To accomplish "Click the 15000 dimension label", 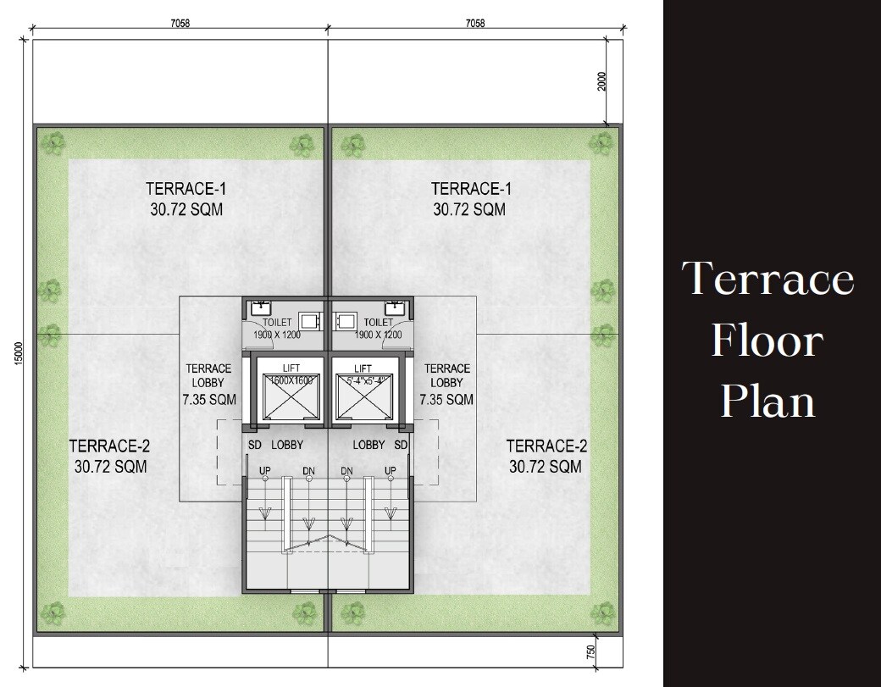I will click(x=17, y=354).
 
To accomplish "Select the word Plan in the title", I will click(x=767, y=401).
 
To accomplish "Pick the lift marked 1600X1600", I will click(x=290, y=395).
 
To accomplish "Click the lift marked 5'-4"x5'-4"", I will click(x=363, y=395).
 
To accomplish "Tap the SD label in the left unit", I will click(x=254, y=445).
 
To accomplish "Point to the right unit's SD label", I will click(x=401, y=445).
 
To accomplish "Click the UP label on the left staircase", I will click(x=264, y=470).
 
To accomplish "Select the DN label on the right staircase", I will click(x=346, y=470).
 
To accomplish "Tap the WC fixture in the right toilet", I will click(x=345, y=321).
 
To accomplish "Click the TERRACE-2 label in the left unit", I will click(x=109, y=446).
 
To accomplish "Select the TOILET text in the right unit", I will click(x=378, y=323).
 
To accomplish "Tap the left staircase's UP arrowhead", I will click(x=265, y=512).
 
